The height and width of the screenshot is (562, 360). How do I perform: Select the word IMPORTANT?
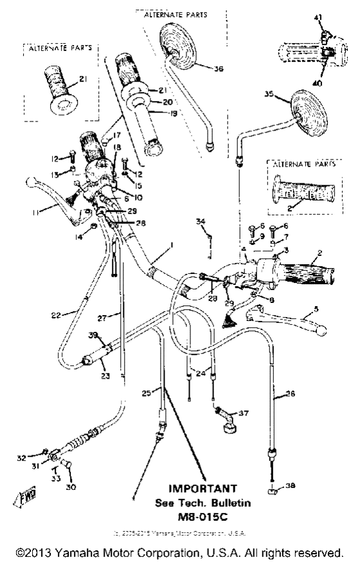(202, 489)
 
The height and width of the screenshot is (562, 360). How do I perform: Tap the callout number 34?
(201, 221)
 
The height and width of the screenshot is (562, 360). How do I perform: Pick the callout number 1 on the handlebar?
(172, 244)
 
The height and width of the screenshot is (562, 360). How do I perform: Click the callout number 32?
(21, 458)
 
